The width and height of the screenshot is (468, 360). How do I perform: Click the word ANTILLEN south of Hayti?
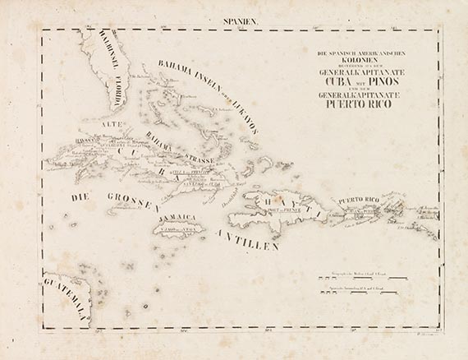(x=248, y=239)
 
